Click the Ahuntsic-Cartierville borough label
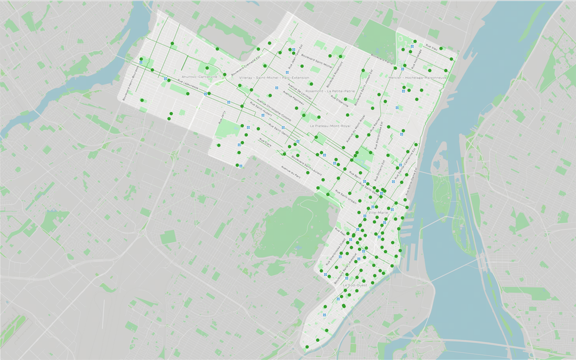coord(200,77)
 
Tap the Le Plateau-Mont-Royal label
coord(330,126)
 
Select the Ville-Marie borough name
coord(378,212)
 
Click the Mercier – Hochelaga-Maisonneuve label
coord(418,78)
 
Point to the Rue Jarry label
coord(222,117)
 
